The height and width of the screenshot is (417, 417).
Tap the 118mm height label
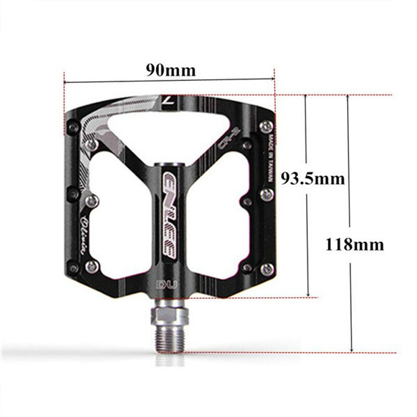354,244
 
